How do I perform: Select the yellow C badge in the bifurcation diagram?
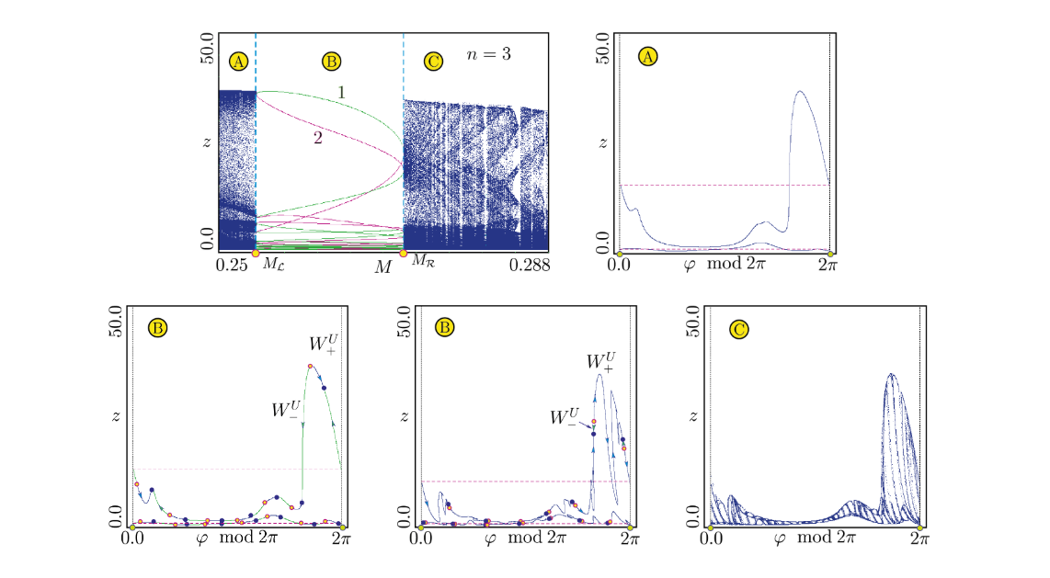point(433,62)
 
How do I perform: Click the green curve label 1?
point(340,92)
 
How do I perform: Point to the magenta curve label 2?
point(317,137)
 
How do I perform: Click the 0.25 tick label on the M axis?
point(232,266)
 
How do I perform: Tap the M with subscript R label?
point(422,262)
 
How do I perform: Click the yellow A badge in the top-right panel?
point(648,57)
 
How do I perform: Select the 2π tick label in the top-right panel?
point(829,266)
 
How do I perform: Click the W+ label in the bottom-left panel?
point(323,346)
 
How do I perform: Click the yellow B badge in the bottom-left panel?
point(158,326)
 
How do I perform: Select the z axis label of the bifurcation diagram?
point(207,142)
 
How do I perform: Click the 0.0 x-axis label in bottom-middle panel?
point(423,539)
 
